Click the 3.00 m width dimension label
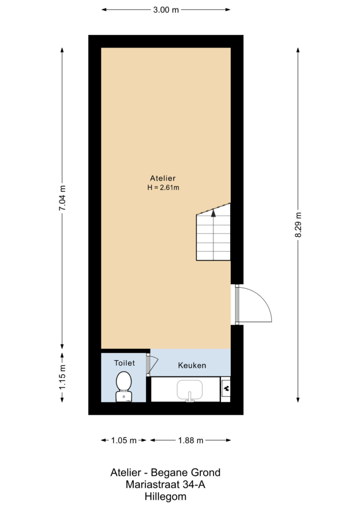(166, 10)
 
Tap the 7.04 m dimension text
(62, 198)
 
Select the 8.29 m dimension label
(298, 225)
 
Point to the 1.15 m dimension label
(62, 377)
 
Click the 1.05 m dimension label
(124, 440)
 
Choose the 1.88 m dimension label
(191, 440)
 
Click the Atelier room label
(163, 178)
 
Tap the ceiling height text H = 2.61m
(163, 188)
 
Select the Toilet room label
(124, 363)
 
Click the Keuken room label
(192, 365)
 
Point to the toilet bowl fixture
(124, 387)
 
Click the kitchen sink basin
(190, 390)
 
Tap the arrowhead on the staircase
(213, 213)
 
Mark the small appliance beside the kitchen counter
(226, 389)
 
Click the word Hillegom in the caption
(165, 496)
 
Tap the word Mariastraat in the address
(152, 484)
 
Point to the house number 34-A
(194, 484)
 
